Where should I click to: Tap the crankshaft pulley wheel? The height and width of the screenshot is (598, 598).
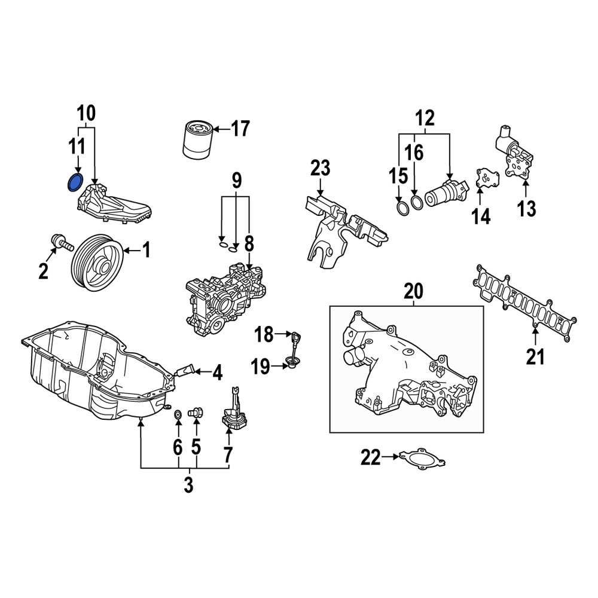(97, 263)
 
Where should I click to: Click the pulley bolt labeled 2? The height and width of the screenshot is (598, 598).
(62, 242)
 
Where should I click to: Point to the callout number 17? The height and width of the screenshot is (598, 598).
(240, 129)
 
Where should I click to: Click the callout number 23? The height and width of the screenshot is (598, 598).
(321, 169)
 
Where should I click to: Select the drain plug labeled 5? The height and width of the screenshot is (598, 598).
(196, 413)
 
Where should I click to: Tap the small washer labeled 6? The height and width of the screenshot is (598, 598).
(178, 414)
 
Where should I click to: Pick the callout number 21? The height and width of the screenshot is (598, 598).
(535, 356)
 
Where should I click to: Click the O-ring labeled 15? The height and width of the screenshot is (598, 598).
(402, 209)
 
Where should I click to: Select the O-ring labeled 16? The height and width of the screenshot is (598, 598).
(417, 202)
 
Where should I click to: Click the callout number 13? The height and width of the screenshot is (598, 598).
(526, 209)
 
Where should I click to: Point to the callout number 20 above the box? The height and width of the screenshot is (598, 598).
(414, 292)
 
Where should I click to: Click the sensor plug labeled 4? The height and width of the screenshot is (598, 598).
(185, 370)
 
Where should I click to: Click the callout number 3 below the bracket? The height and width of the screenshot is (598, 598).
(189, 484)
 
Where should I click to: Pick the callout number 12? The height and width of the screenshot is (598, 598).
(425, 118)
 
